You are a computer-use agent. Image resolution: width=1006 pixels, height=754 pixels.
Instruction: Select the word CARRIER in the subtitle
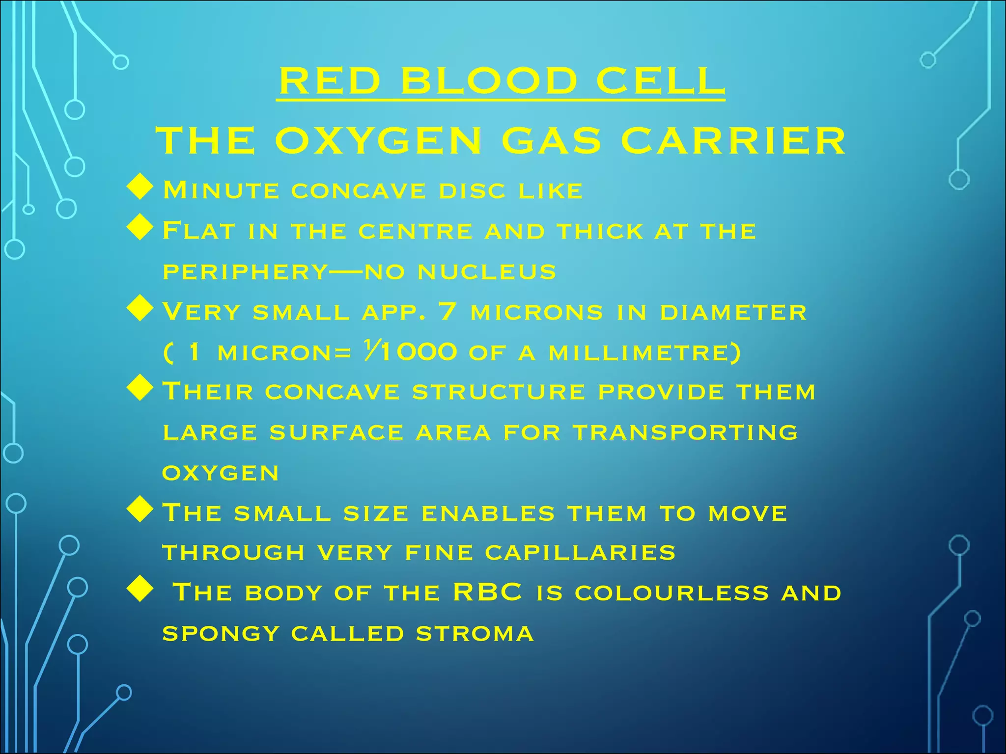click(x=733, y=141)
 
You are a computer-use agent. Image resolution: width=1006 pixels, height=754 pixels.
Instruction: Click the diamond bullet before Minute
click(x=140, y=188)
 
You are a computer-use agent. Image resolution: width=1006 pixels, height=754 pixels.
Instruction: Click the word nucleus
click(x=487, y=271)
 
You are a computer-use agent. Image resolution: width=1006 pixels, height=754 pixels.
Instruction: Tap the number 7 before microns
click(x=447, y=311)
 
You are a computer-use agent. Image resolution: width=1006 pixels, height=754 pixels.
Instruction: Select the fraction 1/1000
click(x=411, y=351)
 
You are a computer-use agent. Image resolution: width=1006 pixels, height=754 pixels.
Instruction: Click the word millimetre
click(x=643, y=352)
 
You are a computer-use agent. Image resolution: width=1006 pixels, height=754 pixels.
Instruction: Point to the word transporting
click(x=685, y=432)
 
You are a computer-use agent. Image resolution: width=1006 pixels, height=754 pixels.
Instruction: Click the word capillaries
click(x=580, y=553)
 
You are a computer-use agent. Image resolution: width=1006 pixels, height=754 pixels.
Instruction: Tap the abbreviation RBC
click(x=487, y=592)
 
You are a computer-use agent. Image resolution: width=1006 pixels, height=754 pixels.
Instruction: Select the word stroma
click(x=475, y=633)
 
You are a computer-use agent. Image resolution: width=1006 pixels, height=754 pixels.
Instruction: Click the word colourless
click(x=671, y=592)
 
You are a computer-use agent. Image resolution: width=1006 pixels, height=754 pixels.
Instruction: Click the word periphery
click(x=245, y=271)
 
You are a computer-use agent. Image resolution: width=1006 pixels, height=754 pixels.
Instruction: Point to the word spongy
click(x=221, y=633)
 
